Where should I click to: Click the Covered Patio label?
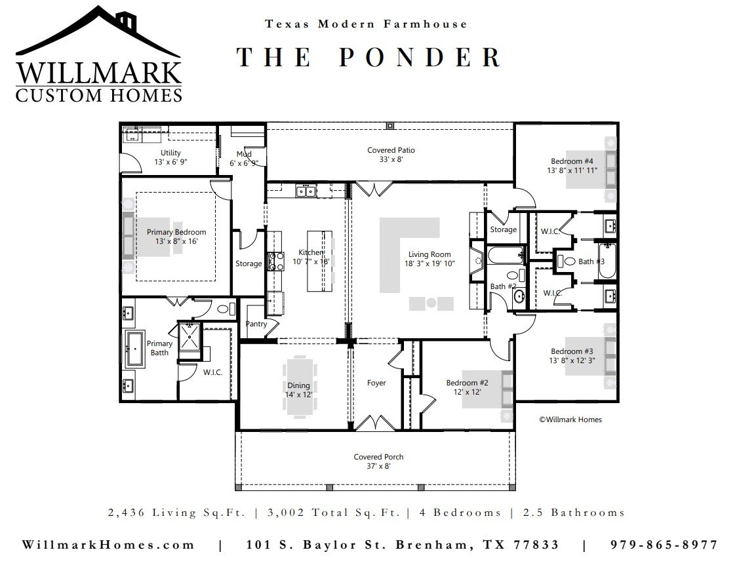point(391,150)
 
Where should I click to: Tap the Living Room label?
point(429,254)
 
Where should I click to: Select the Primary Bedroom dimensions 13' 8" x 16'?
point(177,241)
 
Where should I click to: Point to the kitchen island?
point(319,261)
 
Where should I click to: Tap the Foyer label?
point(376,383)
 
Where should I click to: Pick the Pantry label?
point(256,324)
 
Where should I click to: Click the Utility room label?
point(170,153)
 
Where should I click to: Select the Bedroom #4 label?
point(572,161)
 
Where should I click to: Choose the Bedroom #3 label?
point(572,351)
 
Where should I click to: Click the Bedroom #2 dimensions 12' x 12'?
point(467,392)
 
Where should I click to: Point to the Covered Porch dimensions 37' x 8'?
point(378,466)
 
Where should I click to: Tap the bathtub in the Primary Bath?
point(135,349)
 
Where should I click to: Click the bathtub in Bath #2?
point(505,256)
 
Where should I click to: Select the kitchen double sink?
point(306,191)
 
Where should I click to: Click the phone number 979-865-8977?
point(664,545)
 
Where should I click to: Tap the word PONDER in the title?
point(420,57)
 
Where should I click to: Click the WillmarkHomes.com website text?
point(108,545)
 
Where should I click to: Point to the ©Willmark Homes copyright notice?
point(570,420)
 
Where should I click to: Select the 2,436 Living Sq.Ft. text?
point(177,513)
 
